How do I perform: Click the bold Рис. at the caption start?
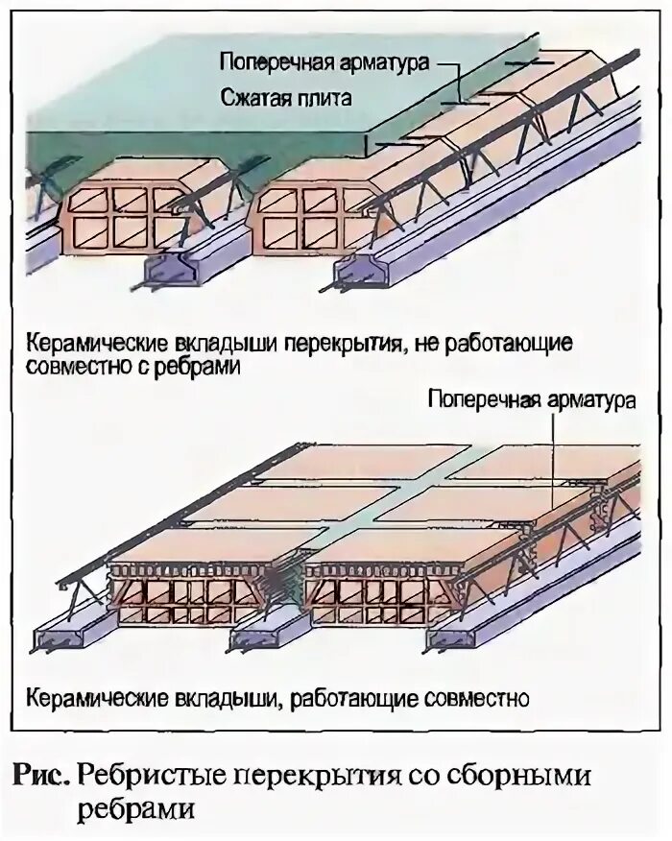(x=41, y=774)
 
